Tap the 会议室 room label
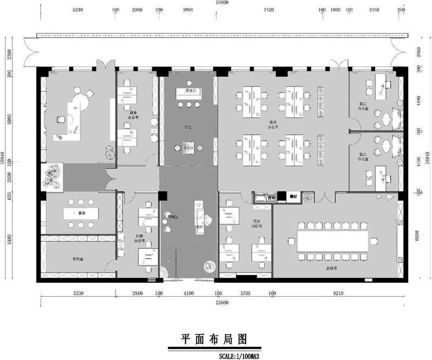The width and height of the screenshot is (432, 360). [332, 268]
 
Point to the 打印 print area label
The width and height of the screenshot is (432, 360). [271, 197]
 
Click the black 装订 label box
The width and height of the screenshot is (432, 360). [293, 196]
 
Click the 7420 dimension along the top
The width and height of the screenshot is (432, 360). [268, 10]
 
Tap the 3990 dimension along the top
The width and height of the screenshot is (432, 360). [188, 10]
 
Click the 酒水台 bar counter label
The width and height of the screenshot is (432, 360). [191, 90]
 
